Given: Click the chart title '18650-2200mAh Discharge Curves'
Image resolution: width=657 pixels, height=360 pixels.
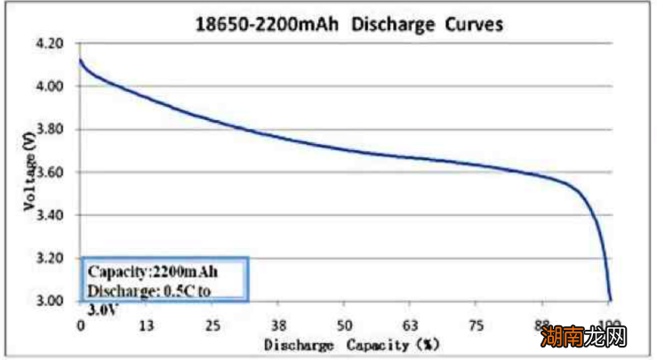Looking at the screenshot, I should (349, 24).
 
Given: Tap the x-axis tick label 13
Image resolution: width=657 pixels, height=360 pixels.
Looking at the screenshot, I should (148, 324).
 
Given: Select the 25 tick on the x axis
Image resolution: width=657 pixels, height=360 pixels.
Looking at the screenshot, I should (213, 324).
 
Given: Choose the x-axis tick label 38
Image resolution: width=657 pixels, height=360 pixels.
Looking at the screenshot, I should (279, 324).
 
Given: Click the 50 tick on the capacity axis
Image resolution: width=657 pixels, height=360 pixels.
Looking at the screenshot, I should (346, 324).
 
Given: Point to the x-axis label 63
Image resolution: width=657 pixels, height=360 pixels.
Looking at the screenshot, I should (412, 324).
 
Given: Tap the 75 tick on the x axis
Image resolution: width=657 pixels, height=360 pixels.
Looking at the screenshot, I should (477, 324).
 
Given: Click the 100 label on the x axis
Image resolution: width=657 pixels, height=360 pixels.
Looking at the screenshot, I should (610, 324).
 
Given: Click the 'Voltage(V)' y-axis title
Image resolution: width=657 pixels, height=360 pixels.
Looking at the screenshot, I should (31, 173).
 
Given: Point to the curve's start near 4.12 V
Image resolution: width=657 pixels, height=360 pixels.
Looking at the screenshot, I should (81, 60).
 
